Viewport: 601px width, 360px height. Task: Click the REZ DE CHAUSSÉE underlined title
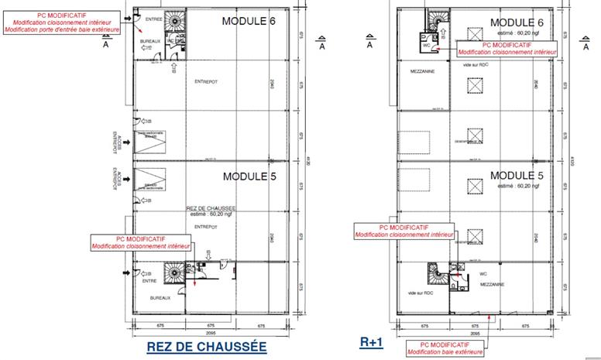206,348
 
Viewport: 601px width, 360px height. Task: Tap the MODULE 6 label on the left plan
249,21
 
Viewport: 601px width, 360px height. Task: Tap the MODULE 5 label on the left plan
249,177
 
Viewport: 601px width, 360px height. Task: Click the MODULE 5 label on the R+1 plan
517,175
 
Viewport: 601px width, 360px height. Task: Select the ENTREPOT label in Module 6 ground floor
206,80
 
